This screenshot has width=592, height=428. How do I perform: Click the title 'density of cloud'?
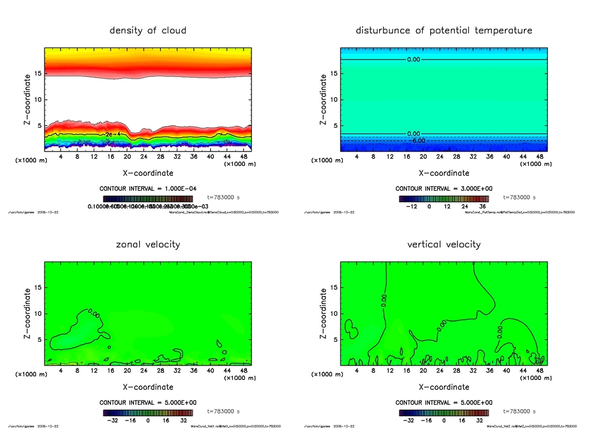point(148,30)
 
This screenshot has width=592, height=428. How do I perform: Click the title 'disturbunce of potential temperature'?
point(443,30)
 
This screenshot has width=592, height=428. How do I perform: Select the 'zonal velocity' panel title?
point(148,244)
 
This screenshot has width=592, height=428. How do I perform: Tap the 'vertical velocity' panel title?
point(443,244)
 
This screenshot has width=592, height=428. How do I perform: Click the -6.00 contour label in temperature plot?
point(417,141)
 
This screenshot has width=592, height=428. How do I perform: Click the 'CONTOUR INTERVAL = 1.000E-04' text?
point(148,189)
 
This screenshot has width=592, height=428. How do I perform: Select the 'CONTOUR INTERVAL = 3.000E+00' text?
point(443,189)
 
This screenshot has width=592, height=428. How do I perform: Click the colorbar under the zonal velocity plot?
point(148,413)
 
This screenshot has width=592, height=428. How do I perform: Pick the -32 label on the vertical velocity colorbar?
point(408,421)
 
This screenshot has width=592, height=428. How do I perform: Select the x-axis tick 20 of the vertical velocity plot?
point(423,370)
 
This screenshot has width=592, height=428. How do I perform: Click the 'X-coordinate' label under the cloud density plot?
point(148,173)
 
